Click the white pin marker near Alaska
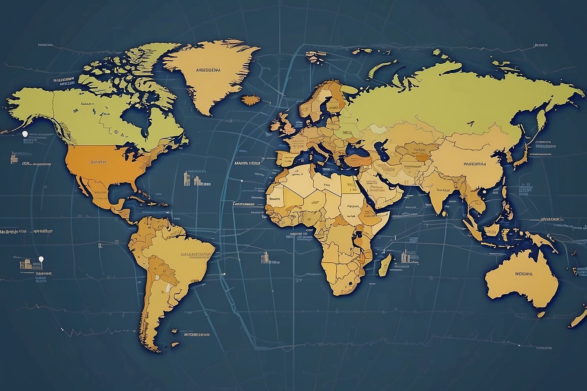point(25,134)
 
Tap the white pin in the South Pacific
point(41,259)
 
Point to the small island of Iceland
point(251,100)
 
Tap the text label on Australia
point(524,274)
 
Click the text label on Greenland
point(208,70)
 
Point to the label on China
point(474,165)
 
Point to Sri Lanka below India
point(444,214)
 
